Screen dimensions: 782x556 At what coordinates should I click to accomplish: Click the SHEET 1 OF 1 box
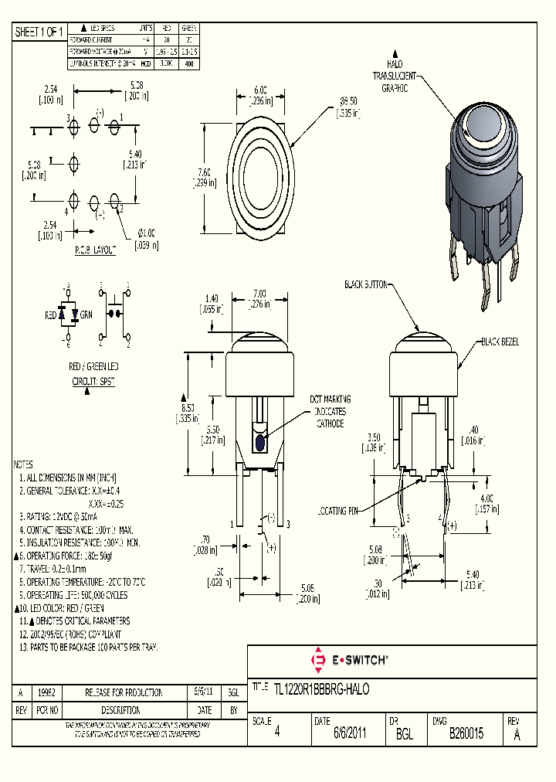click(39, 32)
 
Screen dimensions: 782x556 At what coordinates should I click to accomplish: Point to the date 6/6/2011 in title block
click(349, 734)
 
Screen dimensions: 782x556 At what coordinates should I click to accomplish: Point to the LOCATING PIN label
click(339, 511)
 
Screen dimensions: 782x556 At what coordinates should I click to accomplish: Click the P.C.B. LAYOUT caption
click(95, 251)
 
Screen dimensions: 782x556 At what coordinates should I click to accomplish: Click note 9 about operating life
click(73, 595)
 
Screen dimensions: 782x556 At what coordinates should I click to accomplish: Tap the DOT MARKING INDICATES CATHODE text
click(330, 411)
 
